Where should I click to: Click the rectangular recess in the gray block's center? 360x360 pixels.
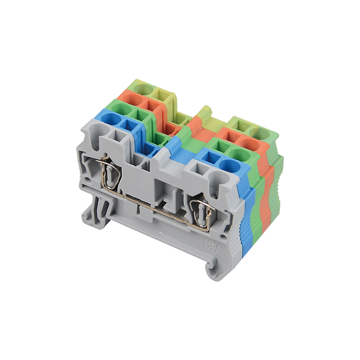pyautogui.click(x=162, y=189)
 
